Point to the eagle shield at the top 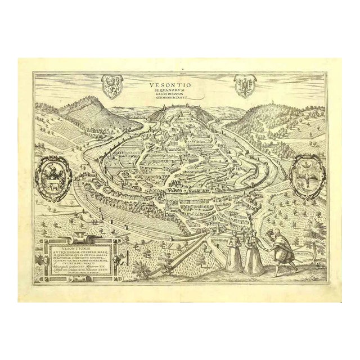(x=244, y=87)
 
